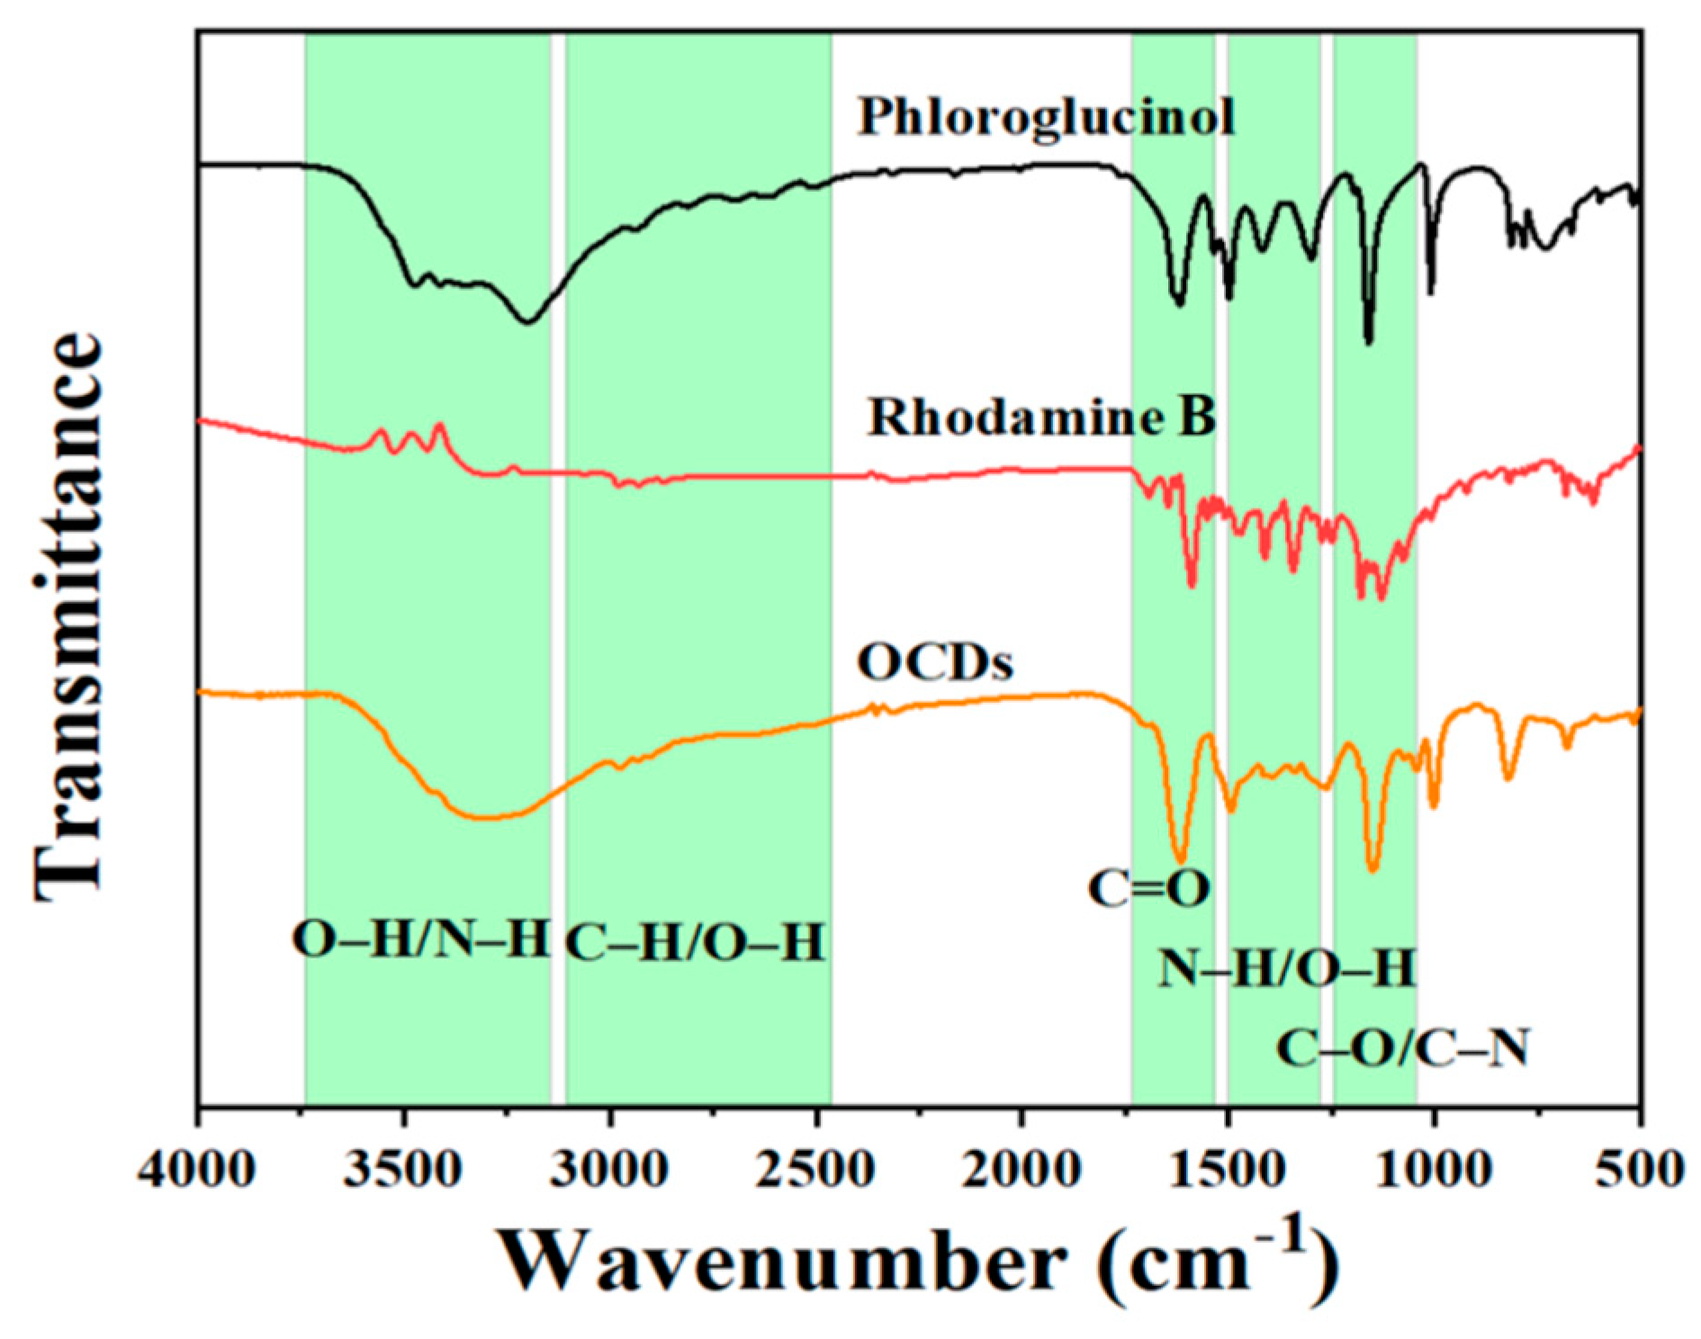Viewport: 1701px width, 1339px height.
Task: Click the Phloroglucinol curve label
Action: click(1045, 118)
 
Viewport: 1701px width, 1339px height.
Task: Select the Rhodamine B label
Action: click(1041, 418)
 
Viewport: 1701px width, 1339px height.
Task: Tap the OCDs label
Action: click(935, 663)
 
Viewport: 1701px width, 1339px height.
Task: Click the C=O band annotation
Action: click(1148, 889)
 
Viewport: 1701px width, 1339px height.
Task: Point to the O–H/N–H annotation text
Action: click(420, 941)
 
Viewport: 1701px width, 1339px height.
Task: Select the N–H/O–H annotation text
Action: click(1287, 969)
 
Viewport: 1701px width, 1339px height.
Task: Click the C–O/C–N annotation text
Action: click(1402, 1049)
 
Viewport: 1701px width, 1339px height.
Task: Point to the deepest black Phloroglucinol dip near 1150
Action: click(1369, 341)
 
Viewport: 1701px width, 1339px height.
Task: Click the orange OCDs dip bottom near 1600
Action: click(1180, 859)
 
